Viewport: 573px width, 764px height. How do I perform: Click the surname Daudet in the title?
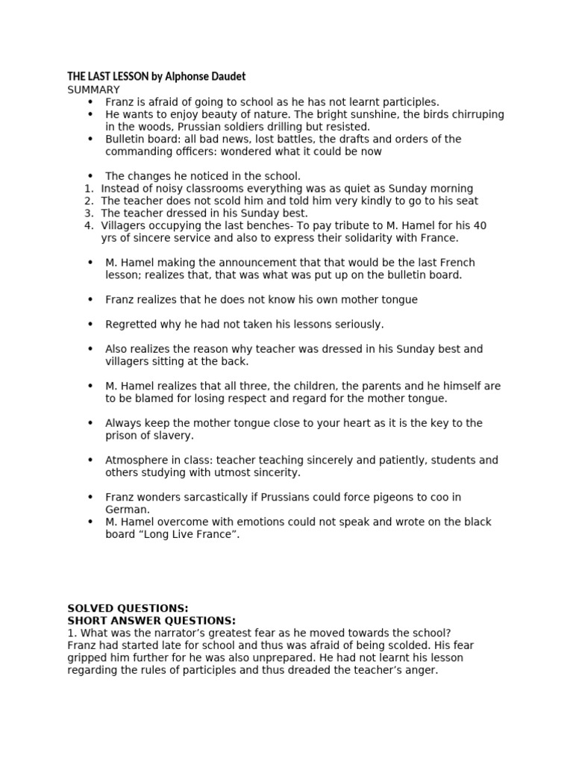pos(225,77)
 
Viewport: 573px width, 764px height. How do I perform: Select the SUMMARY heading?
pos(93,90)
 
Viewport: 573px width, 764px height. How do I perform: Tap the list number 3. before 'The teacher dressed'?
pos(89,213)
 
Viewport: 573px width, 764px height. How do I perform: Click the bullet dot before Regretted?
pos(90,325)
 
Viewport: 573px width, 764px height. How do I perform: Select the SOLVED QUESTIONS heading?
pos(128,608)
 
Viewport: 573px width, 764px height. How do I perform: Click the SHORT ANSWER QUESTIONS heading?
pos(151,621)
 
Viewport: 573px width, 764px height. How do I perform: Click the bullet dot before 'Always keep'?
pos(90,423)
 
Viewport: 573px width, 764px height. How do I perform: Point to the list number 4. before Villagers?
pos(89,225)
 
